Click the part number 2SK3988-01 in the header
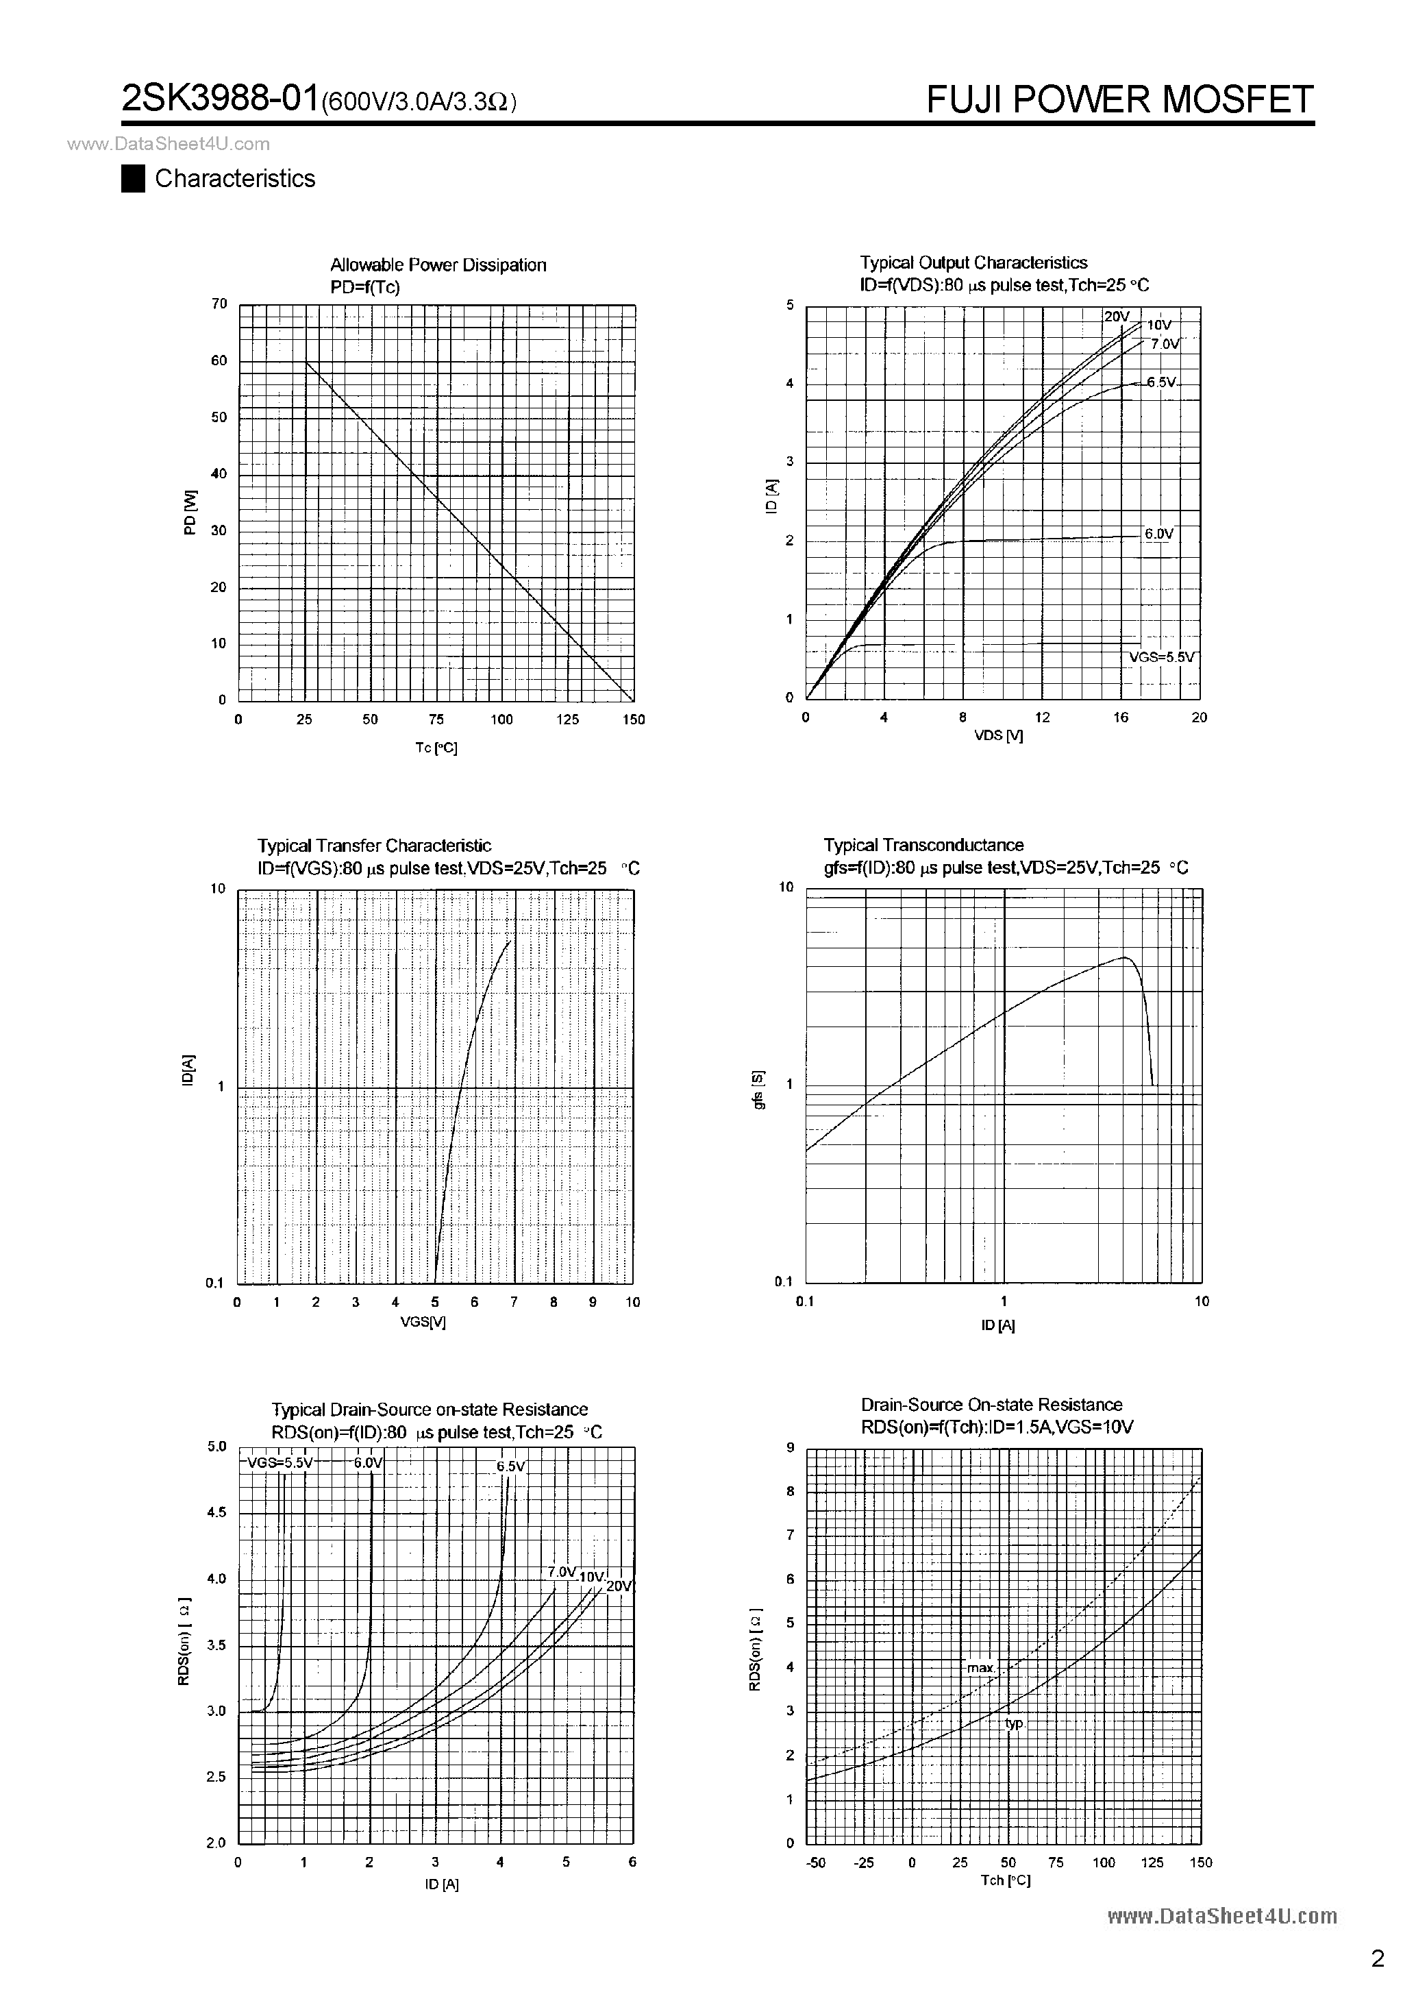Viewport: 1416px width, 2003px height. [220, 99]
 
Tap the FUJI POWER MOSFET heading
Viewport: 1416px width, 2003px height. [1119, 99]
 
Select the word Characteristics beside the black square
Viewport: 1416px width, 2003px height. [234, 179]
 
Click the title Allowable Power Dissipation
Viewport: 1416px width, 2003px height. [438, 265]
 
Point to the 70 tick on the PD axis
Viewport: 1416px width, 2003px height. [219, 304]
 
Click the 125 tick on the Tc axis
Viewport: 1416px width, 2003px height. [568, 720]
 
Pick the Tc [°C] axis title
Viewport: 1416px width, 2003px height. [436, 748]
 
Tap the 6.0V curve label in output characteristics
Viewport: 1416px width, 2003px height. [1159, 534]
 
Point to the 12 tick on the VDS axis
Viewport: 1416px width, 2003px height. [1042, 717]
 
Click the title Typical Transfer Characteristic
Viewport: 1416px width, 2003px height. [374, 846]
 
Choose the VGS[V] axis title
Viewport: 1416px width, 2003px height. [423, 1322]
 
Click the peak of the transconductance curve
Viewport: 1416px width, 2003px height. [1125, 957]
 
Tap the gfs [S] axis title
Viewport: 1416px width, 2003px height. [758, 1090]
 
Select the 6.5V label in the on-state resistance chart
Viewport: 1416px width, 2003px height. [511, 1466]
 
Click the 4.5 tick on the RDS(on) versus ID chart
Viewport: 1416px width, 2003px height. [216, 1512]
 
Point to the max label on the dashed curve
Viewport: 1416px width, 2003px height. [980, 1667]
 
